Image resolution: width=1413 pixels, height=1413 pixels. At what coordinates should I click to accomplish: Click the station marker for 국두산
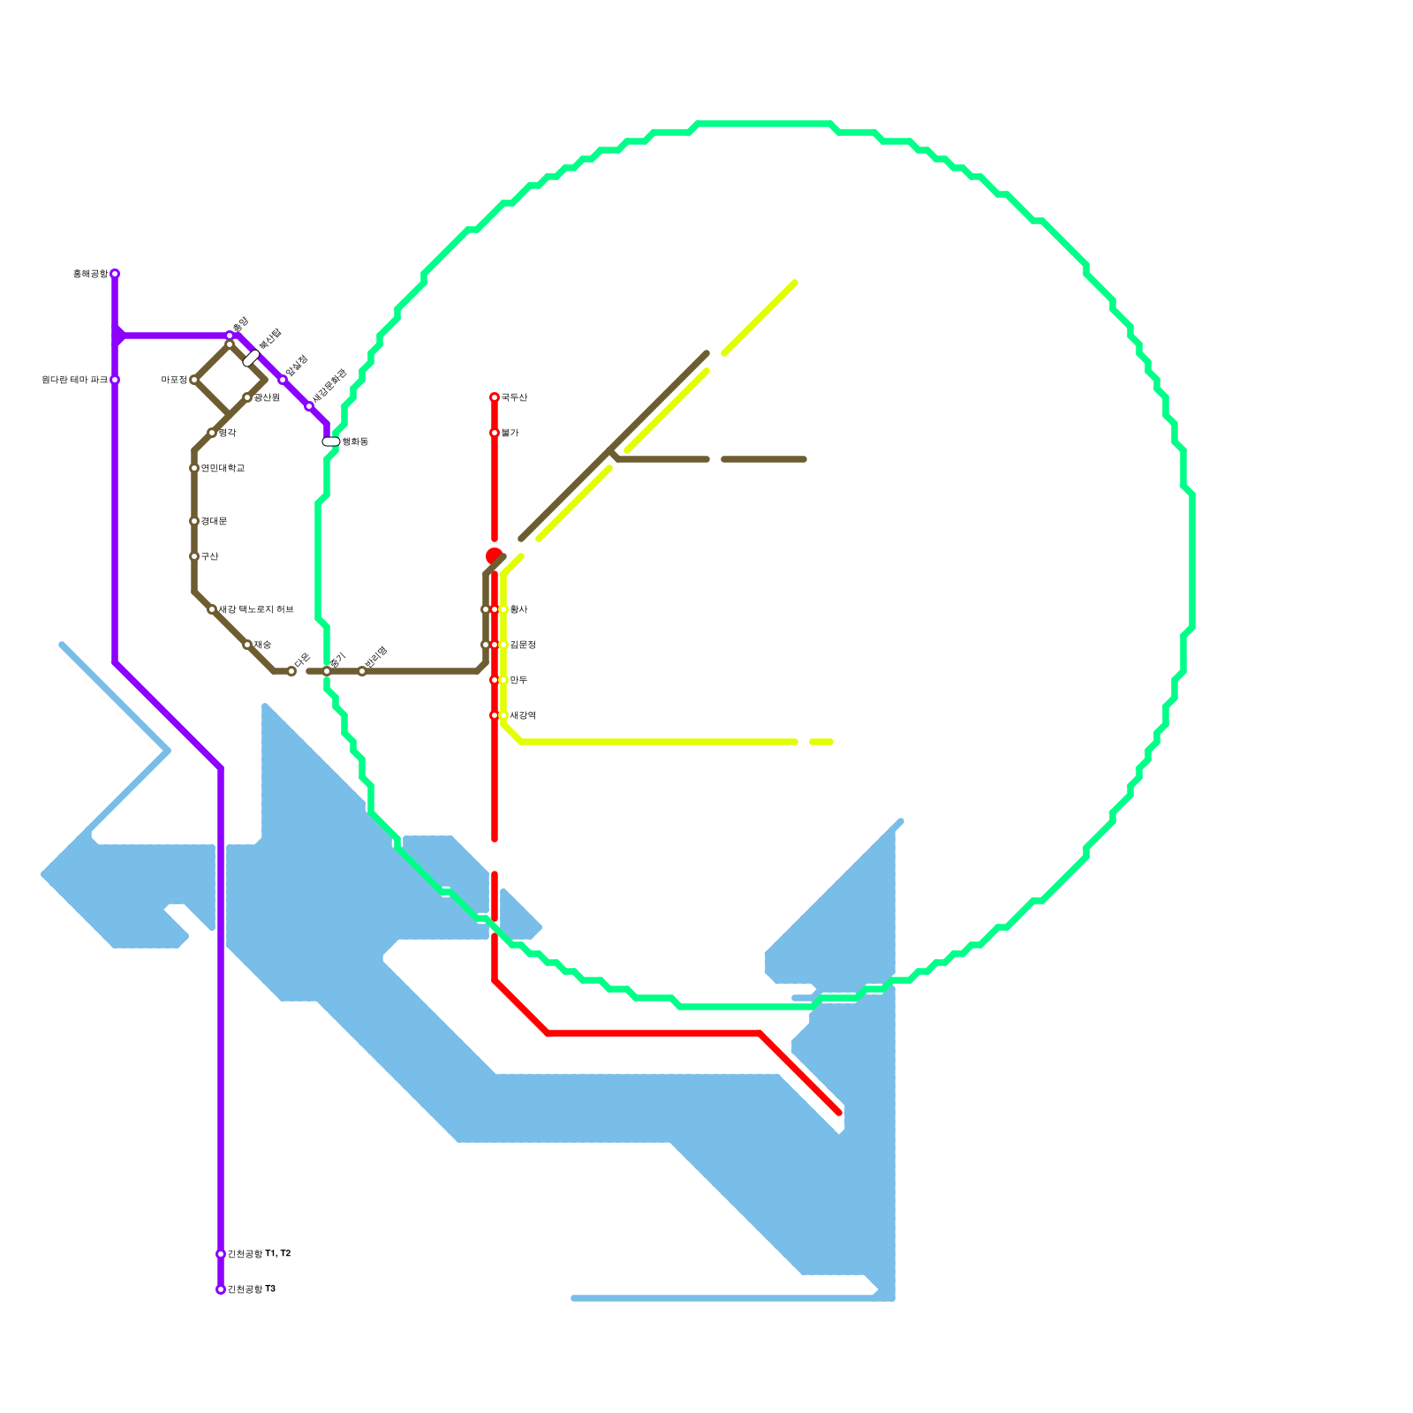pyautogui.click(x=495, y=397)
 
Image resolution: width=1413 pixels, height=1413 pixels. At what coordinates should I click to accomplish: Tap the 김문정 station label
pyautogui.click(x=522, y=645)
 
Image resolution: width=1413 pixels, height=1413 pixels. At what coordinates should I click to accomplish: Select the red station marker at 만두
pyautogui.click(x=495, y=680)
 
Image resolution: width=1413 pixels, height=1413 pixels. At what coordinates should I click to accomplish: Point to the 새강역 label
pyautogui.click(x=522, y=715)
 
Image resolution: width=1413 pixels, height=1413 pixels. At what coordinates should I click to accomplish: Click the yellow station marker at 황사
pyautogui.click(x=503, y=609)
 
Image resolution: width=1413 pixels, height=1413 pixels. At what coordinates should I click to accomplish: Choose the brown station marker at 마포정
pyautogui.click(x=194, y=380)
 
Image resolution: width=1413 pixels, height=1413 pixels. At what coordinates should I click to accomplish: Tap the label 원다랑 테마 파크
pyautogui.click(x=74, y=380)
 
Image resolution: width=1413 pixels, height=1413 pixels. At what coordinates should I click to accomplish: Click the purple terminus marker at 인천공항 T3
pyautogui.click(x=221, y=1289)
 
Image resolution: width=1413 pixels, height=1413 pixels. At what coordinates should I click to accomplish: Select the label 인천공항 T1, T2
pyautogui.click(x=259, y=1254)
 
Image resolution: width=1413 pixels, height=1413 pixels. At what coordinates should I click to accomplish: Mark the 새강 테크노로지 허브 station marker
pyautogui.click(x=212, y=609)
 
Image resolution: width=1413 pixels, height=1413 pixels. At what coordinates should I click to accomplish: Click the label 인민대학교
pyautogui.click(x=223, y=468)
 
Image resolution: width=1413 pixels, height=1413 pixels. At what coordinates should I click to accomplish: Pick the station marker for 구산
pyautogui.click(x=194, y=556)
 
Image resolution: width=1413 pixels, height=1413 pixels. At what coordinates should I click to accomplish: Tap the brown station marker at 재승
pyautogui.click(x=247, y=645)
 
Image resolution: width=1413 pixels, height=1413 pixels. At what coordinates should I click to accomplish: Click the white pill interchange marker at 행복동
pyautogui.click(x=331, y=442)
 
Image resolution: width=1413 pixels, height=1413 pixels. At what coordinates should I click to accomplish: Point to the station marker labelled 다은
pyautogui.click(x=291, y=671)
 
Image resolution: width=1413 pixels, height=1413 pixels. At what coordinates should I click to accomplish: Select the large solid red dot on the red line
pyautogui.click(x=494, y=555)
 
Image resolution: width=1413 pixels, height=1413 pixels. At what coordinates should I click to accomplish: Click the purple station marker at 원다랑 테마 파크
pyautogui.click(x=115, y=380)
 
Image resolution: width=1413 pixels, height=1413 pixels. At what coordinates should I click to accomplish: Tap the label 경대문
pyautogui.click(x=214, y=521)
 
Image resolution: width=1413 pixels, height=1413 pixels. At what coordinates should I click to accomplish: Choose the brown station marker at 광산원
pyautogui.click(x=247, y=397)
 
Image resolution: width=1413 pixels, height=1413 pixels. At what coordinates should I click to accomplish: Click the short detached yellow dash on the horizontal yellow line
pyautogui.click(x=821, y=742)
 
